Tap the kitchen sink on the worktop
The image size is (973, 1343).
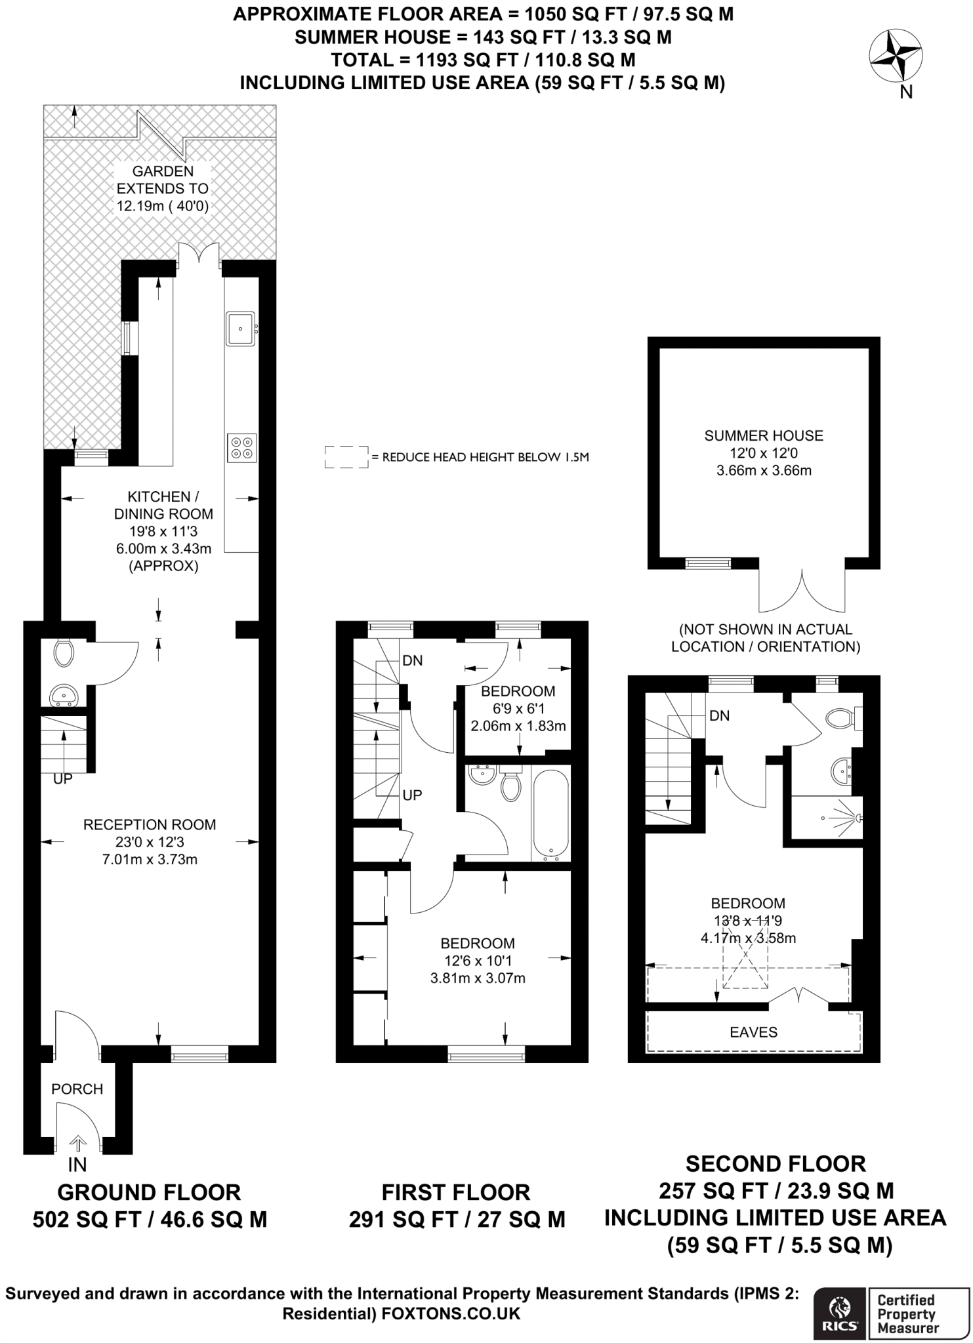coord(241,329)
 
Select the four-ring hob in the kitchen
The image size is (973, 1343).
coord(241,448)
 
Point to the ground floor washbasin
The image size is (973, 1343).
coord(64,695)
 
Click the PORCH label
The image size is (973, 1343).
coord(77,1089)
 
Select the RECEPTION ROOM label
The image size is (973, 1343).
coord(150,825)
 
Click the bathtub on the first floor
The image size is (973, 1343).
coord(550,813)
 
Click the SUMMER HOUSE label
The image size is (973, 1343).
coord(764,435)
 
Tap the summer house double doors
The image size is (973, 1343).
coord(802,590)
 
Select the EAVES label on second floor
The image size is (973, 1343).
coord(754,1032)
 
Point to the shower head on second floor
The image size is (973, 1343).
coord(858,818)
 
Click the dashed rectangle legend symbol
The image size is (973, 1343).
coord(346,457)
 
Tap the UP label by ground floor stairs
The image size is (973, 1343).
coord(63,779)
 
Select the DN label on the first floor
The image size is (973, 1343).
coord(413,660)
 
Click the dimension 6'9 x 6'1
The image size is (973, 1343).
coord(518,708)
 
